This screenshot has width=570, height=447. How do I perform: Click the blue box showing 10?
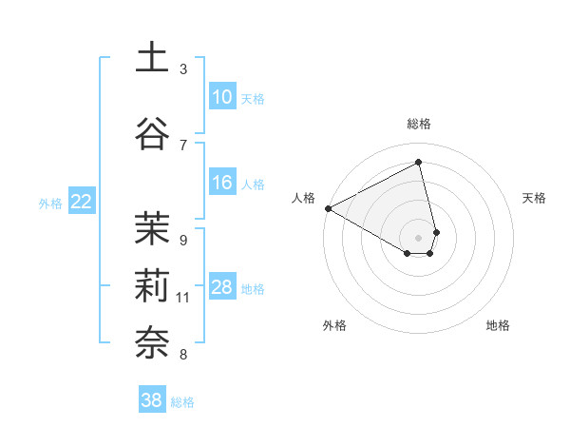(222, 97)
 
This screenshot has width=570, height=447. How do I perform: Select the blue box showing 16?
(222, 183)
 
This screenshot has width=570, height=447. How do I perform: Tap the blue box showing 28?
(222, 287)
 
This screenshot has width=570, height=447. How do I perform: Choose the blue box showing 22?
(81, 201)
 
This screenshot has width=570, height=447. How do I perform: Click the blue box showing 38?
(152, 400)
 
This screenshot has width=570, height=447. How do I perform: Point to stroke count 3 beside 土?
(183, 68)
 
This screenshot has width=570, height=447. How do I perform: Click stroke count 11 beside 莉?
(183, 298)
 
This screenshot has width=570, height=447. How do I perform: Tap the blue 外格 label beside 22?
(50, 203)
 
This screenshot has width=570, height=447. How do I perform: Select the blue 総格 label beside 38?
(182, 402)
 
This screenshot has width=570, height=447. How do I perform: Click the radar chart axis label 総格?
(419, 124)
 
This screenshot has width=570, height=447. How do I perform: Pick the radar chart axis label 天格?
(535, 198)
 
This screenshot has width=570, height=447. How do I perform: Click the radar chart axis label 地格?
(498, 325)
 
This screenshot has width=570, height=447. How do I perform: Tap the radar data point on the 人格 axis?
(328, 207)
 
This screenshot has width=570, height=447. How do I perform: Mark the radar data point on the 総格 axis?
(419, 163)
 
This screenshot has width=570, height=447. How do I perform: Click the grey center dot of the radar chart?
(419, 236)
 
